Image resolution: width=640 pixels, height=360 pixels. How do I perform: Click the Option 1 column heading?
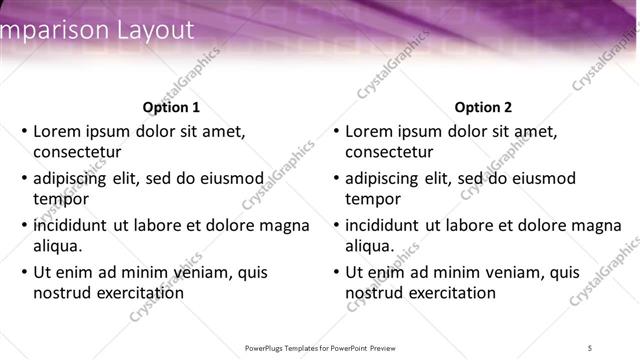click(x=171, y=107)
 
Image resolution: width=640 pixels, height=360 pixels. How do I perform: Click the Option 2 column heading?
click(x=483, y=107)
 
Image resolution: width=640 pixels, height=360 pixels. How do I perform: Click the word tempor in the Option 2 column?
click(x=372, y=199)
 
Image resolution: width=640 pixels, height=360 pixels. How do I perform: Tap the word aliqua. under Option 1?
click(x=58, y=246)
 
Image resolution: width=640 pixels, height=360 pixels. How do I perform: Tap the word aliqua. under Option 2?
click(x=370, y=246)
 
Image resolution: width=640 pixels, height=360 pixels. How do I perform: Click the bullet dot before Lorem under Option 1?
click(x=24, y=131)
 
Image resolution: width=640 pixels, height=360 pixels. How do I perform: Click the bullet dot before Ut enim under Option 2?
click(x=336, y=272)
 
